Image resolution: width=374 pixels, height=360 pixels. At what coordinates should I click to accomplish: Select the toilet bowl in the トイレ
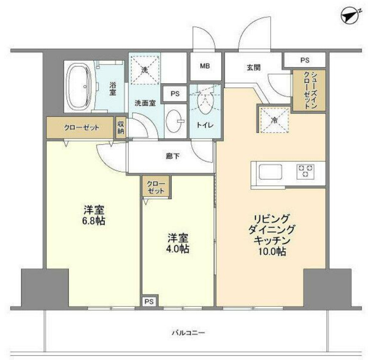pyautogui.click(x=205, y=102)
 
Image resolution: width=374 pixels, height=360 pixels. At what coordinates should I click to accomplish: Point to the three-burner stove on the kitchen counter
pyautogui.click(x=305, y=171)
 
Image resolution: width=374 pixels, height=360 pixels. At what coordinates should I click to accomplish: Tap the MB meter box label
pyautogui.click(x=205, y=66)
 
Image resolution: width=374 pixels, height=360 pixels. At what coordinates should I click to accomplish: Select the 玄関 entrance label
pyautogui.click(x=253, y=68)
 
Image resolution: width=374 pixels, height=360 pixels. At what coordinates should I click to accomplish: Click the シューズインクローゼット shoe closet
pyautogui.click(x=309, y=90)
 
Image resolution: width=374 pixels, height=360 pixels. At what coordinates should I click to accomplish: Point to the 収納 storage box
pyautogui.click(x=121, y=128)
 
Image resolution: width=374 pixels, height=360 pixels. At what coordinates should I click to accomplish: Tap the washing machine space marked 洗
pyautogui.click(x=145, y=70)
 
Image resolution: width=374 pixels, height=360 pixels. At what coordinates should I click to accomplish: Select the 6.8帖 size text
pyautogui.click(x=94, y=221)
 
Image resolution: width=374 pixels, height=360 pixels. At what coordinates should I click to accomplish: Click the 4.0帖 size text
pyautogui.click(x=178, y=249)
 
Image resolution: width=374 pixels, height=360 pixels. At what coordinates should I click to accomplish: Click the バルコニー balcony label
pyautogui.click(x=188, y=333)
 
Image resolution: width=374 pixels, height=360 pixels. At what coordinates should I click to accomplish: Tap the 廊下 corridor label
pyautogui.click(x=173, y=156)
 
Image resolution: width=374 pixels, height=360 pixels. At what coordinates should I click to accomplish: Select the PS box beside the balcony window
pyautogui.click(x=149, y=301)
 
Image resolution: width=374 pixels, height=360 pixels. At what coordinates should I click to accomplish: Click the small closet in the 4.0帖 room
pyautogui.click(x=156, y=187)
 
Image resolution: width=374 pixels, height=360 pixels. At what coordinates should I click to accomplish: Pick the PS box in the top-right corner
pyautogui.click(x=305, y=60)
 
